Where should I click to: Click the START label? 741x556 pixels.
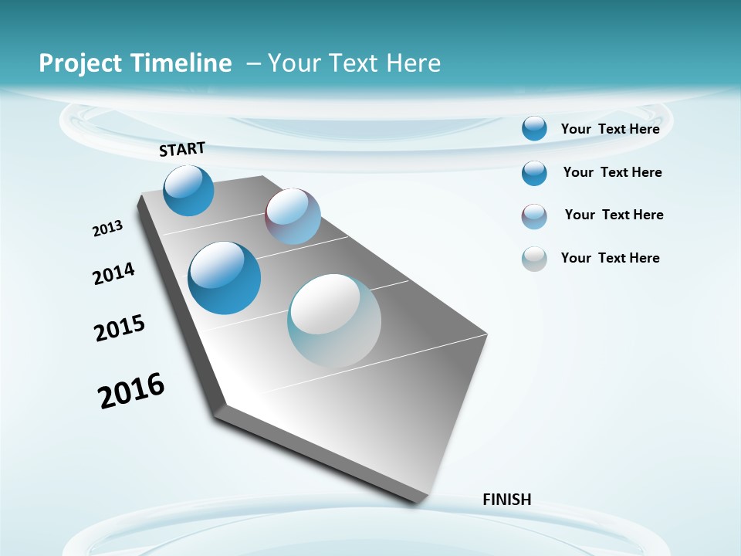[182, 149]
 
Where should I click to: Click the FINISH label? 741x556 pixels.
[506, 500]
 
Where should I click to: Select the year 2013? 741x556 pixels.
[107, 229]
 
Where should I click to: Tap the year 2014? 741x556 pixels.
[113, 273]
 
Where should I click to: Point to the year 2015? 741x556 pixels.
[120, 328]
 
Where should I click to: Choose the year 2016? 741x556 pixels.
[131, 391]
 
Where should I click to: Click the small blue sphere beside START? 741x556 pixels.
[188, 190]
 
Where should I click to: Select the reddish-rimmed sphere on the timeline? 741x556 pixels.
[293, 216]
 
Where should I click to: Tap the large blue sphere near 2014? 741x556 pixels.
[225, 278]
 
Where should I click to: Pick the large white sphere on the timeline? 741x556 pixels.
[333, 320]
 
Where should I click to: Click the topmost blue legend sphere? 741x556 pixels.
[534, 128]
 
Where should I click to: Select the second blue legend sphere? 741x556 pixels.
[534, 173]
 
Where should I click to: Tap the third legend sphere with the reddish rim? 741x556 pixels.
[534, 216]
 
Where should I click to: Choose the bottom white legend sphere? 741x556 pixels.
[534, 259]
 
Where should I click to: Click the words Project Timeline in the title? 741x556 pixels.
[135, 63]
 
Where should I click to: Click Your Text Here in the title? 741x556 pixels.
[354, 63]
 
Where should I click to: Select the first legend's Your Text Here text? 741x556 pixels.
[610, 129]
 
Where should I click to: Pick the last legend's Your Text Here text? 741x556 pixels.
[610, 258]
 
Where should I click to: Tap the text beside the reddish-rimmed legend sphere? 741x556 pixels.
[614, 215]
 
